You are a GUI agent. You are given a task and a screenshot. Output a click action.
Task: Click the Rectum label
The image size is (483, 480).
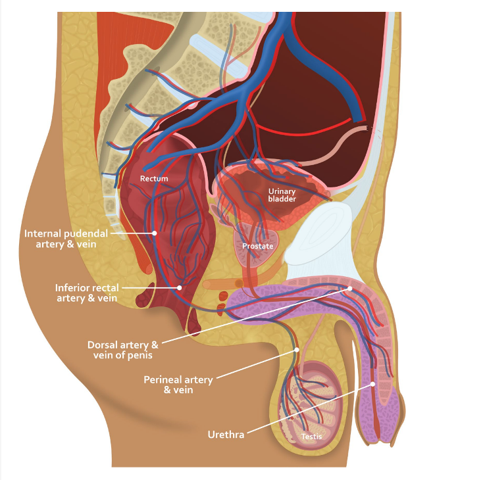coord(153,178)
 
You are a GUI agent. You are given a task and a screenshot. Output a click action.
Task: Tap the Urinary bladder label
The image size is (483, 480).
coord(282,195)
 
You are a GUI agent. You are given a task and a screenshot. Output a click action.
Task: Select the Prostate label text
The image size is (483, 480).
coord(257,246)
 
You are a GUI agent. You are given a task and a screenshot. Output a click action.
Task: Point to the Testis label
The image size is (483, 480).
coord(312,436)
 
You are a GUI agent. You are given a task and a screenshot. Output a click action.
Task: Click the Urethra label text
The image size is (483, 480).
coord(226,434)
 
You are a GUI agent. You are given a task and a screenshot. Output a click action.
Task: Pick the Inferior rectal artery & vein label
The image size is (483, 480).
coord(86,293)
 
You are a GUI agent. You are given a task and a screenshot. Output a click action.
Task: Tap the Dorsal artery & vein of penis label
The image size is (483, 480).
coord(123,350)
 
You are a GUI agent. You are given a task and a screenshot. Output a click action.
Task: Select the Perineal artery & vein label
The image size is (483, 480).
coord(178,385)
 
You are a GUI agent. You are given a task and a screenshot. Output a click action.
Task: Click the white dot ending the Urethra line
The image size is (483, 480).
coord(372,384)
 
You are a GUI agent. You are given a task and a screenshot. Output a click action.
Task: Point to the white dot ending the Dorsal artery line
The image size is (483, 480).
coord(350,288)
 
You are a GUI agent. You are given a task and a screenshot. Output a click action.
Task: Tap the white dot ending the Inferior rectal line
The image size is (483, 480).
coord(179,287)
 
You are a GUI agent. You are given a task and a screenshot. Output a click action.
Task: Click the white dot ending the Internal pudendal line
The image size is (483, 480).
coord(155,232)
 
